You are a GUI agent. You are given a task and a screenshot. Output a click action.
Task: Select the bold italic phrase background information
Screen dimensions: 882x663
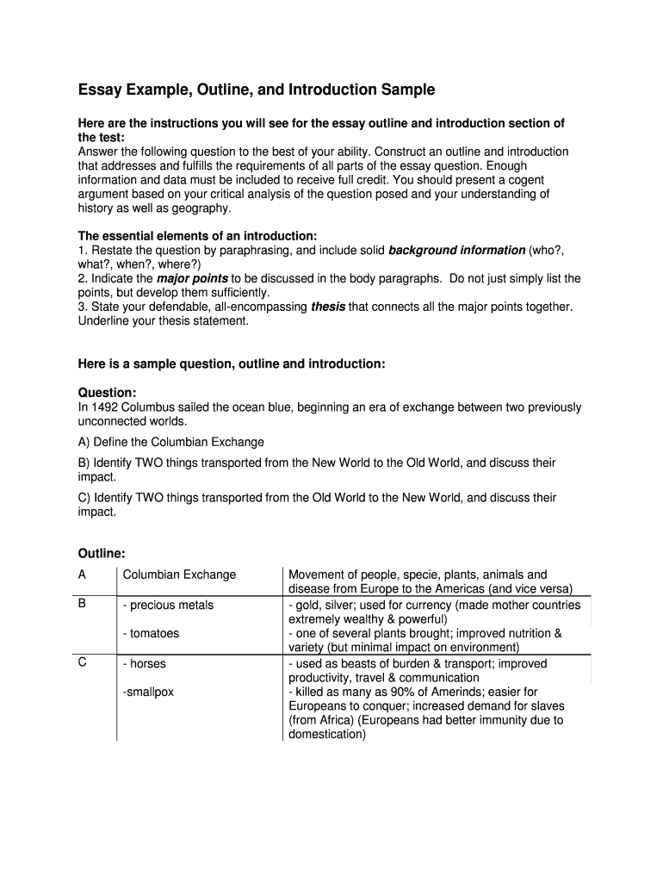coord(456,251)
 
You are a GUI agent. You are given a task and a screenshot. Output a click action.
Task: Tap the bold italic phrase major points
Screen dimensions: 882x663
coord(191,279)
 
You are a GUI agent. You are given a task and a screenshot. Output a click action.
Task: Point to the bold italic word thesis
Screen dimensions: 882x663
coord(327,307)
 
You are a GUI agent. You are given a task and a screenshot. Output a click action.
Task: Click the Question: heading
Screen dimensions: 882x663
coord(107,392)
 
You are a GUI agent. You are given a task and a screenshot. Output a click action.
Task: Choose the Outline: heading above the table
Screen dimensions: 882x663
coord(102,553)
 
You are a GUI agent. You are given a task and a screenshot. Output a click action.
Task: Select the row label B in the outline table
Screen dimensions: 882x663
coord(82,605)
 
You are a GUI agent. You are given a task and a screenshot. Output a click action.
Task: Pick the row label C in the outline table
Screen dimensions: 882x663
coord(82,663)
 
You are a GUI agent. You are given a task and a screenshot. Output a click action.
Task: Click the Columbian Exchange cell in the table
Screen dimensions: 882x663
coord(179,575)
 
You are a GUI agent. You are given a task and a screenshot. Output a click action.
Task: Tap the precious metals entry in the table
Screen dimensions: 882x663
coord(169,606)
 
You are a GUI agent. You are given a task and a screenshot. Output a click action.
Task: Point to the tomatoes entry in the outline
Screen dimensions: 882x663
coord(152,634)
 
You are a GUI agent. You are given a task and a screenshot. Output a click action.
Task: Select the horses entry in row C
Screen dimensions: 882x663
coord(145,664)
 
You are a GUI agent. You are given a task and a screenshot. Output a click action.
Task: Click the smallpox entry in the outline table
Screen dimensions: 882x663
coord(148,692)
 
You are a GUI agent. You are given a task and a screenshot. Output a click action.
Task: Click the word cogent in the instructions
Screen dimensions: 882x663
coord(525,180)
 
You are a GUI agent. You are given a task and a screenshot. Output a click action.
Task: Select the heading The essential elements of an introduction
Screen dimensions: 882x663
coord(197,236)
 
